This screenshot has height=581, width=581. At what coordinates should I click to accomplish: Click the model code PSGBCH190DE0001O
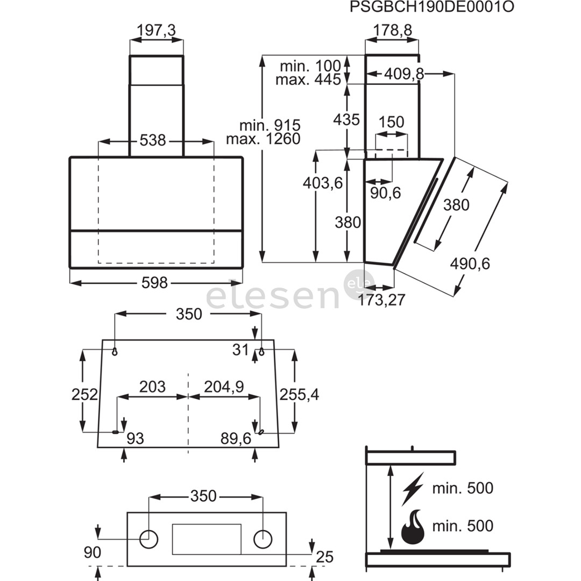coord(431,7)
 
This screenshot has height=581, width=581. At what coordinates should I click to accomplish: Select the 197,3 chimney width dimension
coord(156,31)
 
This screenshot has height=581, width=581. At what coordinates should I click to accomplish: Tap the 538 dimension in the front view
coord(152,141)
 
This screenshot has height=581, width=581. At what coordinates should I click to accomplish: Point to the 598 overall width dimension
coord(155,282)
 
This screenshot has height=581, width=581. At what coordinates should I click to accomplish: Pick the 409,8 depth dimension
coord(403,74)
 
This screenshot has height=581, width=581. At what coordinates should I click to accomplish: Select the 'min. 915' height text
coord(270,125)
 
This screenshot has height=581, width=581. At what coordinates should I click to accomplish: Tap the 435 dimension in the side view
coord(346,119)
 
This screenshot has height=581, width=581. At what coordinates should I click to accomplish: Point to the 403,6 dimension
coord(323,183)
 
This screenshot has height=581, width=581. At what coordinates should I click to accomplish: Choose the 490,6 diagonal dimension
coord(471,264)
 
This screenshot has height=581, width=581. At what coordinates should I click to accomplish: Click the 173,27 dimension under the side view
coord(381,300)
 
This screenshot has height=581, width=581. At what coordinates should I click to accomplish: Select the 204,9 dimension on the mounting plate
coord(224,386)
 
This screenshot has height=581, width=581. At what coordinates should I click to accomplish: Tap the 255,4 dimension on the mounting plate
coord(299,394)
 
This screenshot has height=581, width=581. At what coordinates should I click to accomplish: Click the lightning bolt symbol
coord(413,488)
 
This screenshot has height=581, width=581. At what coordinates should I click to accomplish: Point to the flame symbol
coord(413,527)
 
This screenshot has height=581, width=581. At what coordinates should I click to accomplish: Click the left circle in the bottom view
coord(148,539)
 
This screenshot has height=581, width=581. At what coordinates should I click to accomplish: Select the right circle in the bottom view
coord(263,539)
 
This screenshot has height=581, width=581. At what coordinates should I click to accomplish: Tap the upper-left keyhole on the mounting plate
coord(115,351)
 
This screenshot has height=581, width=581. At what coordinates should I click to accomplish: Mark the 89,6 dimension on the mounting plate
coord(236,438)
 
